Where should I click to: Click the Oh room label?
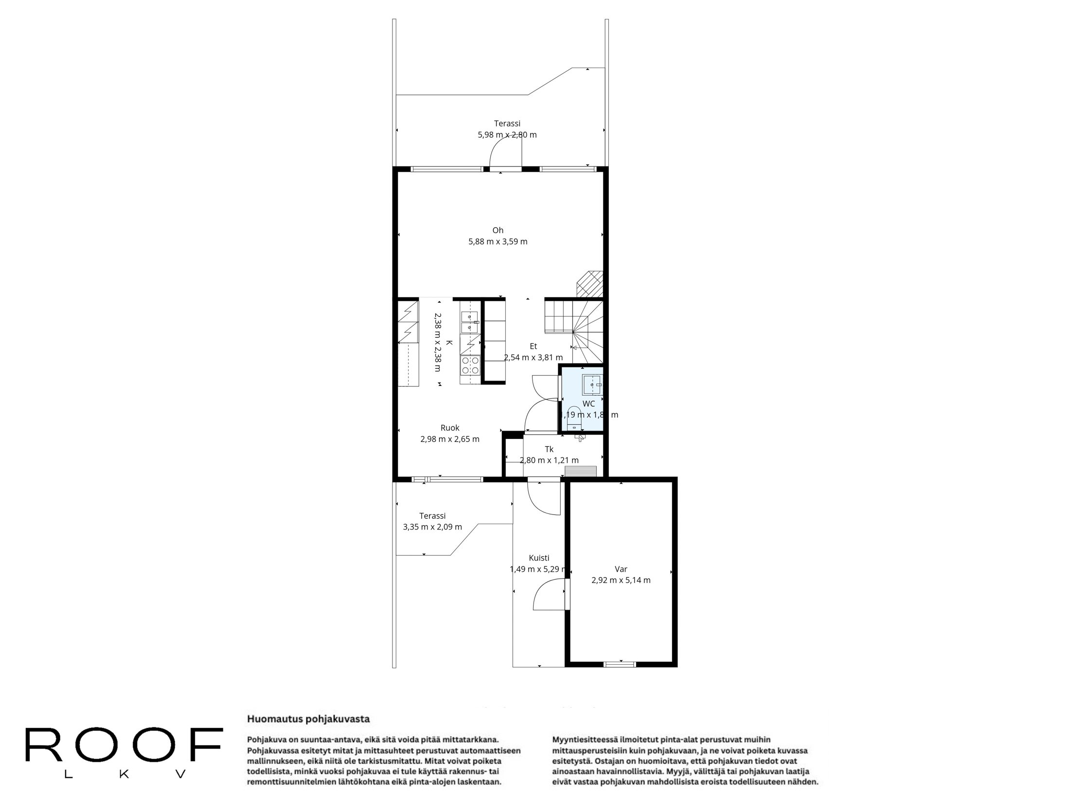point(498,230)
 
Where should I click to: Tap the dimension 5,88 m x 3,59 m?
point(498,241)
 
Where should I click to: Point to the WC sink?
point(593,384)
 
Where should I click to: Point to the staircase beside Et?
point(574,331)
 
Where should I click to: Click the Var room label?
point(621,569)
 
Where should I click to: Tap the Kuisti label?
point(539,558)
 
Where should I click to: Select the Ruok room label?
point(449,428)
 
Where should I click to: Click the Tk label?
point(549,449)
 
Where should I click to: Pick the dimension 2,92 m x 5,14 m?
point(621,580)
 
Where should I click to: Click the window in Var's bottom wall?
point(620,664)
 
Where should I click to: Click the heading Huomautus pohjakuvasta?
point(308,719)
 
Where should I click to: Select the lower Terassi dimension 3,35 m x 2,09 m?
point(432,527)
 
